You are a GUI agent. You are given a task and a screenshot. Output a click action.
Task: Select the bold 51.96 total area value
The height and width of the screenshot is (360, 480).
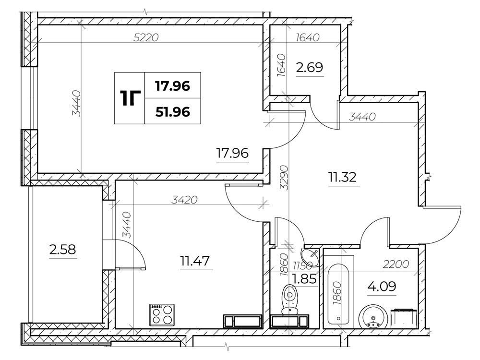tap(173, 112)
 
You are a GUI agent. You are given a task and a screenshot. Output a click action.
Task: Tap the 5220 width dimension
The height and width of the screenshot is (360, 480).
tap(146, 37)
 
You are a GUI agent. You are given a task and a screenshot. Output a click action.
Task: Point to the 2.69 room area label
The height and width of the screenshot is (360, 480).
tap(310, 67)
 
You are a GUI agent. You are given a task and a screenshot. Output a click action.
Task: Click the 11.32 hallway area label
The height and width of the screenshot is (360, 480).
tap(343, 177)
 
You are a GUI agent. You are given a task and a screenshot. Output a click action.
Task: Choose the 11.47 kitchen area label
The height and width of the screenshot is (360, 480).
tap(195, 261)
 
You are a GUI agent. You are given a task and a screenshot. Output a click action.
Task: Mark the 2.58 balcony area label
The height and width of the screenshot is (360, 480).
tap(62, 250)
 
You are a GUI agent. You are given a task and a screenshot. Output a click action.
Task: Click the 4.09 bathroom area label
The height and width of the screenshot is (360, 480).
tap(382, 287)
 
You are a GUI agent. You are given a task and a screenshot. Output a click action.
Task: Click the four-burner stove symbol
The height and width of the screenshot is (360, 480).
tap(162, 315)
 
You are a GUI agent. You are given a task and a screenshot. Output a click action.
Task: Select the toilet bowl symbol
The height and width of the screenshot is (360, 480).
tap(289, 300)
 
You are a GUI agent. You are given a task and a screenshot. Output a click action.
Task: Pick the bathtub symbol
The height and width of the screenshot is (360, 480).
tap(338, 294)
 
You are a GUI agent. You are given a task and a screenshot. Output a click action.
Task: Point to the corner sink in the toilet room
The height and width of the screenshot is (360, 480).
tap(311, 256)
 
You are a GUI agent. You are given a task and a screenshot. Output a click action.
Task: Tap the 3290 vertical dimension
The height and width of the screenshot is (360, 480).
tap(284, 178)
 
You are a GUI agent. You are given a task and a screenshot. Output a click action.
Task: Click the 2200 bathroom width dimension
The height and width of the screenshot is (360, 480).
tap(396, 264)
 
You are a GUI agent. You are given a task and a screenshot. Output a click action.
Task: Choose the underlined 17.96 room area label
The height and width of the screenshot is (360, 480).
tap(232, 153)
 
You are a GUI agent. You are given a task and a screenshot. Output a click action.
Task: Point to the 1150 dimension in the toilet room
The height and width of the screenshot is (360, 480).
tap(302, 264)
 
